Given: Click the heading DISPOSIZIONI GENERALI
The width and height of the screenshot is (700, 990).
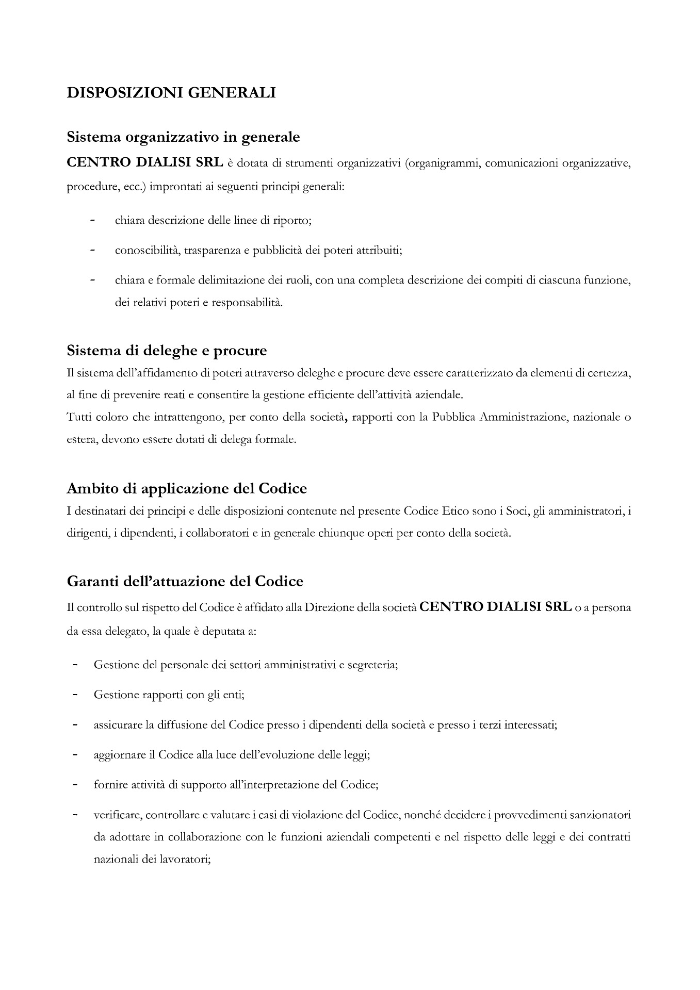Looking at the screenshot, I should [x=171, y=93].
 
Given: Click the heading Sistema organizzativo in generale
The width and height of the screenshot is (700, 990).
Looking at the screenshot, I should [x=183, y=138].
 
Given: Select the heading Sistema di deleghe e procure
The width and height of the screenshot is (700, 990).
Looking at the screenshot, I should [x=167, y=351].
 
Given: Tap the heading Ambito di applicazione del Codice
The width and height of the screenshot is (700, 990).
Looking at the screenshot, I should [x=187, y=488].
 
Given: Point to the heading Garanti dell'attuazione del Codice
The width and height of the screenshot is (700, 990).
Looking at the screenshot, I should [x=185, y=581].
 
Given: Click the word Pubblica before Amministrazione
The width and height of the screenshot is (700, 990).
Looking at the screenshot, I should [x=454, y=417].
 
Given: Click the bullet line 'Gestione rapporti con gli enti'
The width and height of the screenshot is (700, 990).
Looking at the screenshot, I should [x=169, y=695].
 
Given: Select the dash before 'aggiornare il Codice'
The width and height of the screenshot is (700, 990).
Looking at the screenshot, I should [x=75, y=755].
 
